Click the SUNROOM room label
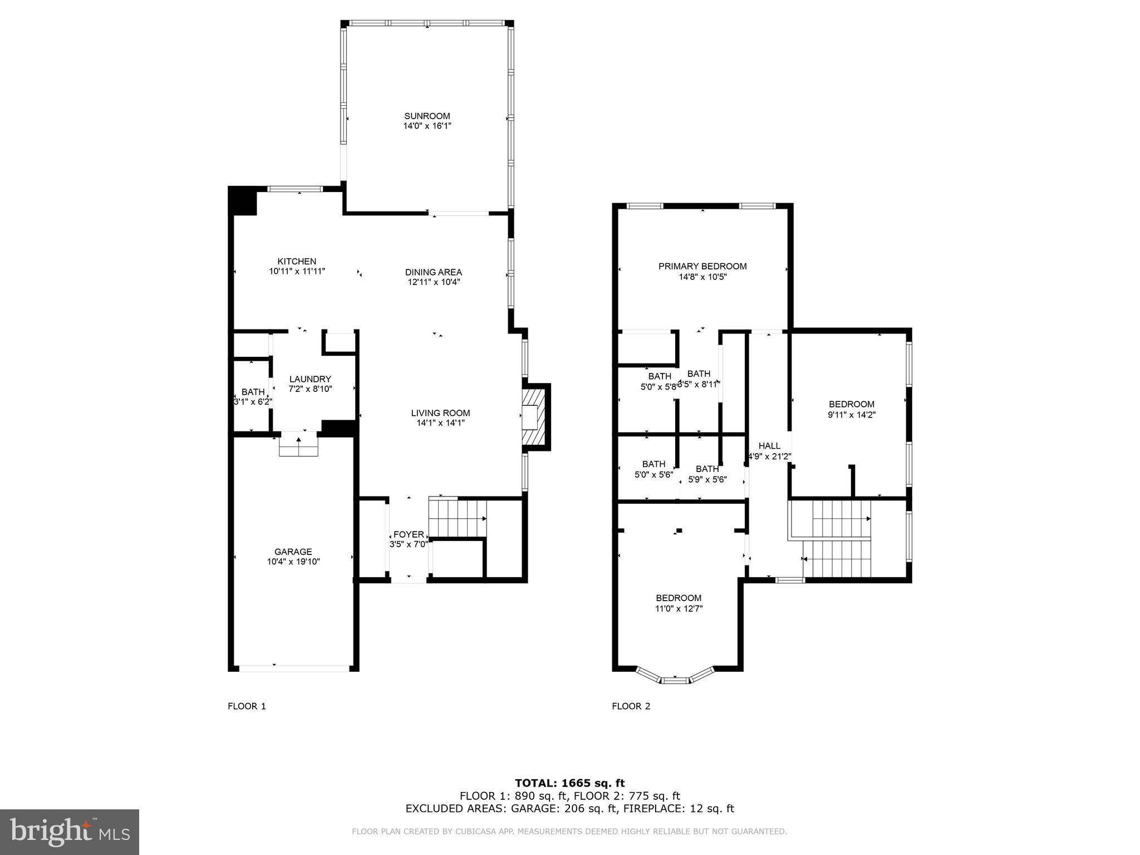pyautogui.click(x=427, y=116)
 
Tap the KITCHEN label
pyautogui.click(x=297, y=261)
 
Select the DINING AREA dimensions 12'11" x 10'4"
pyautogui.click(x=434, y=282)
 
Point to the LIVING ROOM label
pyautogui.click(x=440, y=413)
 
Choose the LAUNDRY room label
pyautogui.click(x=310, y=379)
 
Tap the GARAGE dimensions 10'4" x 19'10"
pyautogui.click(x=293, y=562)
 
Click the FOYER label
pyautogui.click(x=409, y=534)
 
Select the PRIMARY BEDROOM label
pyautogui.click(x=702, y=266)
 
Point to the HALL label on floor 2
pyautogui.click(x=769, y=446)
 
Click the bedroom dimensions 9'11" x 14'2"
pyautogui.click(x=851, y=415)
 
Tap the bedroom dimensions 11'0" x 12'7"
pyautogui.click(x=679, y=609)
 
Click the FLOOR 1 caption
pyautogui.click(x=247, y=706)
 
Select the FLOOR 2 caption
pyautogui.click(x=631, y=706)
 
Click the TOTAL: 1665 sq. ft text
pyautogui.click(x=569, y=783)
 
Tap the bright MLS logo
pyautogui.click(x=70, y=832)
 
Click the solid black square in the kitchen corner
pyautogui.click(x=243, y=200)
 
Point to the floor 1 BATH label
pyautogui.click(x=253, y=392)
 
